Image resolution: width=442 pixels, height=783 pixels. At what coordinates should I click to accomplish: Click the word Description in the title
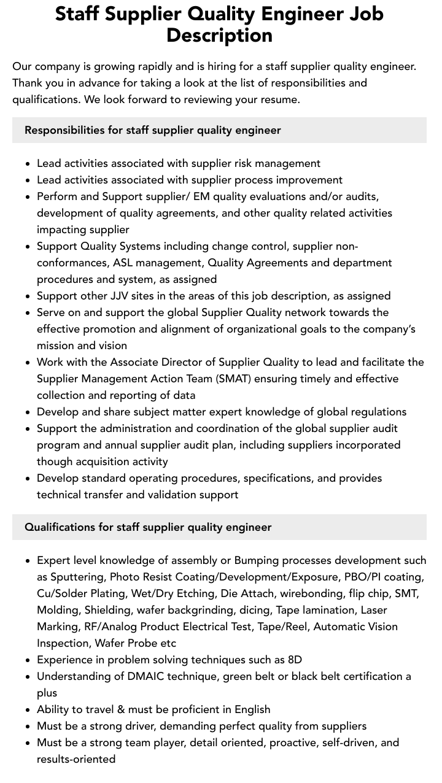(x=219, y=35)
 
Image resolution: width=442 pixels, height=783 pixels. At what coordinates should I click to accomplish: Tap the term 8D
(x=295, y=660)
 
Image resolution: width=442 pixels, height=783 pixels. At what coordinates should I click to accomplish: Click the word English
(x=249, y=709)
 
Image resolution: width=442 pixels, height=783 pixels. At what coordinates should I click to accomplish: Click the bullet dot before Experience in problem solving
(x=28, y=660)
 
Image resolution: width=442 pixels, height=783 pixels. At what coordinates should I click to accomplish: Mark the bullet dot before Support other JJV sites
(x=28, y=296)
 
